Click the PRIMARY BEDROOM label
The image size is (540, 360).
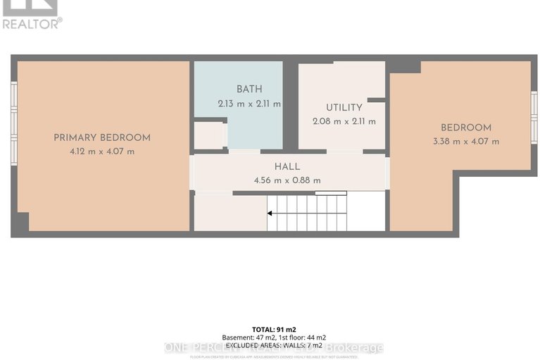coord(102,137)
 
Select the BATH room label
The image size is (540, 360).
coord(249,89)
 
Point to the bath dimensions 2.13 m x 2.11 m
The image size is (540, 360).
coord(249,104)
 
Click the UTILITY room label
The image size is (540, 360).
coord(344,108)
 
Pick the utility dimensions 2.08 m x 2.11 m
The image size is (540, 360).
coord(344,121)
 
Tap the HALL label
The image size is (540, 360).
coord(287,167)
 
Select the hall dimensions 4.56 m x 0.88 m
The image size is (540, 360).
coord(287,180)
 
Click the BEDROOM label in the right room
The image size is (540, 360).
coord(466,128)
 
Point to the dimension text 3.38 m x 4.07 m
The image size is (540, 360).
coord(466,141)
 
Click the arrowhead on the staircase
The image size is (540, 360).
coord(270,212)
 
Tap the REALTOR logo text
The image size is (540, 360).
coord(32,23)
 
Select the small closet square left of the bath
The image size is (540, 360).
coord(208,135)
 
